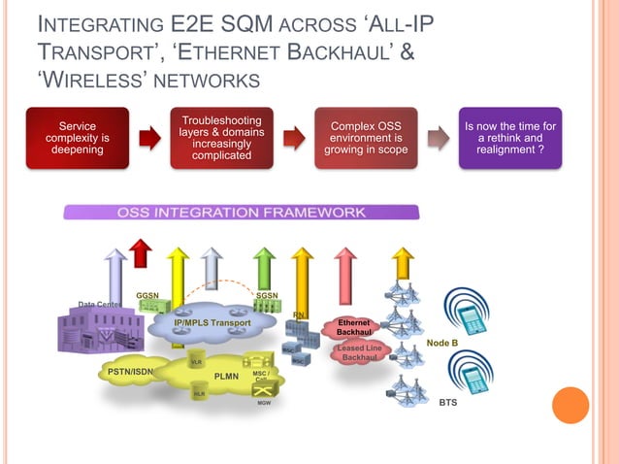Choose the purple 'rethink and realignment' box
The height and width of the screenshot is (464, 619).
[510, 139]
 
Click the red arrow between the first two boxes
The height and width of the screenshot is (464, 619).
[149, 138]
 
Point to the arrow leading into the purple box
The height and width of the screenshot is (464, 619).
[439, 139]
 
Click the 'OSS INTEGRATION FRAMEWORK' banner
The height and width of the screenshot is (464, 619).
[242, 212]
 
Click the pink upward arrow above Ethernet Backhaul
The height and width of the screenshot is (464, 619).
[344, 268]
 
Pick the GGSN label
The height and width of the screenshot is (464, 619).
[147, 295]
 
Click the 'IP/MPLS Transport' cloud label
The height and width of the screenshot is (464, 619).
[212, 322]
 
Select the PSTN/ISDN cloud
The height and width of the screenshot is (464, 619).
[130, 371]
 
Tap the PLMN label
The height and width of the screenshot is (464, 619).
[226, 375]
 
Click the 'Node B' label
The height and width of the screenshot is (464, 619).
[442, 344]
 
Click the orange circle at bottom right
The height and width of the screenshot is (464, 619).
[570, 405]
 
